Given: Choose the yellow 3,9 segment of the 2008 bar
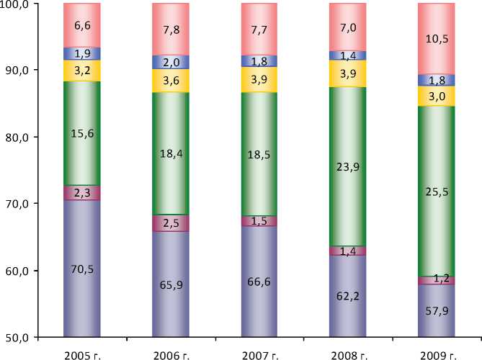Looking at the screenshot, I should tap(347, 73).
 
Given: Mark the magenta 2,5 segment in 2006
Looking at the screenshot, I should tap(170, 223).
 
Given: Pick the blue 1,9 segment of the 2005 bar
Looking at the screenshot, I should tap(81, 53).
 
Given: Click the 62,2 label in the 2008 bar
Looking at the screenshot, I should tap(347, 294).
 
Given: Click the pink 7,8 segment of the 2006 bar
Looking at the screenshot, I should tap(170, 30).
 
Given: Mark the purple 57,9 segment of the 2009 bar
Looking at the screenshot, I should tap(437, 311).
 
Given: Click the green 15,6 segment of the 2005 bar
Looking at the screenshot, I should tap(81, 133).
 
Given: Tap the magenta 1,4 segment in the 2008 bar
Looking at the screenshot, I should tap(347, 251).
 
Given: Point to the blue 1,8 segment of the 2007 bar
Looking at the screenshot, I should tap(259, 60).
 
